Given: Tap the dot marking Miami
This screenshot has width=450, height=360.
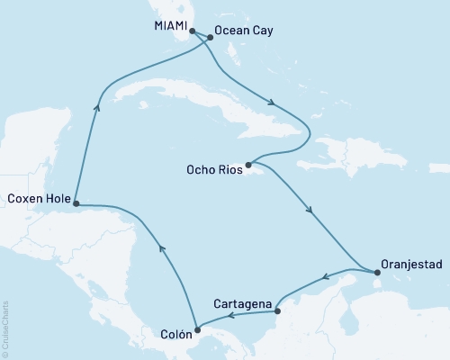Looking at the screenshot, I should pos(192,31).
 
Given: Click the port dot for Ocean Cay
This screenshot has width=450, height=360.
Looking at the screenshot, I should pos(211,38).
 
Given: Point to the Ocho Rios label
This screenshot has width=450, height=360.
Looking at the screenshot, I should pos(212,168).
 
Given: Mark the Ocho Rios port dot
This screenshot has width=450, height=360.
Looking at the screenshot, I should pos(248,165).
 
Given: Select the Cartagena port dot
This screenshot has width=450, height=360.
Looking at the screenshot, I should pos(276,311).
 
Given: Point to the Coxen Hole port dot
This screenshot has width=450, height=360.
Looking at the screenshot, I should pos(76,203).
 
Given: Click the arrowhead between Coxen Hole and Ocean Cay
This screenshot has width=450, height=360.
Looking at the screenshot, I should pos(96,106).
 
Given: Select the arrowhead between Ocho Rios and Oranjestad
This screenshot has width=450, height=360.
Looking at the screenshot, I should pos(310,211).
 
